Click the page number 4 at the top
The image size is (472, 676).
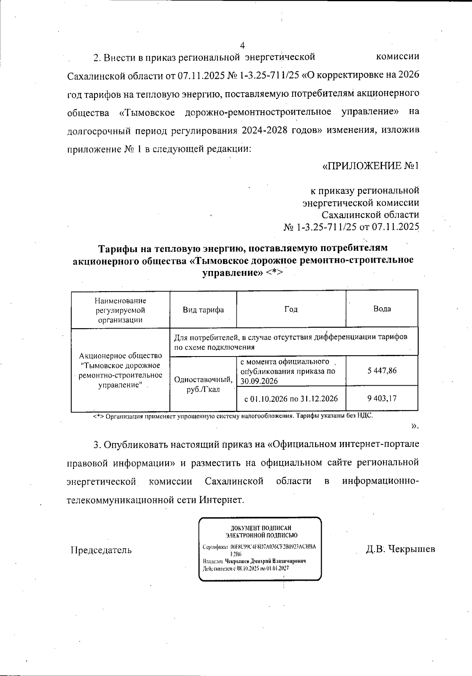(242, 45)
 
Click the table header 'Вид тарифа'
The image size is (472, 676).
(203, 310)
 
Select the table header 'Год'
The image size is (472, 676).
(291, 309)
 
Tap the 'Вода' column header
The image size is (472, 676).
(382, 309)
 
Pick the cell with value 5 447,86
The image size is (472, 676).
(382, 371)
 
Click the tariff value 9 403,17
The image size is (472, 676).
(382, 398)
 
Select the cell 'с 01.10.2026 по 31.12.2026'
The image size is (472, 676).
(291, 399)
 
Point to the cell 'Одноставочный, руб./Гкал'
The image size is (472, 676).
(203, 384)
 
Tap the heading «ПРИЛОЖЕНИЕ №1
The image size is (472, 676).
(370, 166)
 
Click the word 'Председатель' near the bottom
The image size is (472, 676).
(101, 550)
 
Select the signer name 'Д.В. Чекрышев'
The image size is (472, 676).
(400, 549)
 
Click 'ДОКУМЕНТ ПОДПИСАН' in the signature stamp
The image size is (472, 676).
(261, 528)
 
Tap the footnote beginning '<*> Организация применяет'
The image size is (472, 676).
(232, 416)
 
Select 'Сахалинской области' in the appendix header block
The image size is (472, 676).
(370, 215)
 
